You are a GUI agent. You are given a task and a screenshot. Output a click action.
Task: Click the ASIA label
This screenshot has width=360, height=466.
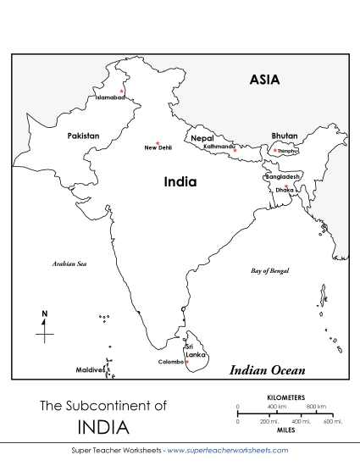coord(264,80)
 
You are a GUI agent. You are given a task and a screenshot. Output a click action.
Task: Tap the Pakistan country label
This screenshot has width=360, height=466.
coord(83,136)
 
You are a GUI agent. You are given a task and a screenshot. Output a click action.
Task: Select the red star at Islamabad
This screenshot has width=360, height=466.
coord(122,91)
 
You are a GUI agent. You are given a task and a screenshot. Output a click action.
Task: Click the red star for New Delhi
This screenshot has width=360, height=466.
coord(158,142)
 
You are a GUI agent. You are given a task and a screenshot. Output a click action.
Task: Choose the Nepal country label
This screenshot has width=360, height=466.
coord(202,137)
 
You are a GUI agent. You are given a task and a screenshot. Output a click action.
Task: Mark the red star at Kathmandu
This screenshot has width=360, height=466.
coord(235,150)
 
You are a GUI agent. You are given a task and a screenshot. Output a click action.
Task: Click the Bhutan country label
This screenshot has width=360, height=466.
coord(285,136)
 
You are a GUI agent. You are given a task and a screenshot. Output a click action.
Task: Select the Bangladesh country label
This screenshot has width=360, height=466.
coord(282,177)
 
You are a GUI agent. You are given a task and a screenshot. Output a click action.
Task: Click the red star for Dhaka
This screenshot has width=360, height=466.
coord(286,186)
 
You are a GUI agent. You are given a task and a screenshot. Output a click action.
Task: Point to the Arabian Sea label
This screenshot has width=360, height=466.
coord(69,264)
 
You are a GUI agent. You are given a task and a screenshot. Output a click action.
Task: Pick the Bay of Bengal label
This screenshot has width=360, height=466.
coord(270,271)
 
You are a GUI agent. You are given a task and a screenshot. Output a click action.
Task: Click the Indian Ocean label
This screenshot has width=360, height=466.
coord(268,370)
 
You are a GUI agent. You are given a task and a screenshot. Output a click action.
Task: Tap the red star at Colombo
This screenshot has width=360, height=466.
coord(186,362)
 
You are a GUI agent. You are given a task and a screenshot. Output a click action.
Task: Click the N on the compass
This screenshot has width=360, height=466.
coord(45,315)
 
